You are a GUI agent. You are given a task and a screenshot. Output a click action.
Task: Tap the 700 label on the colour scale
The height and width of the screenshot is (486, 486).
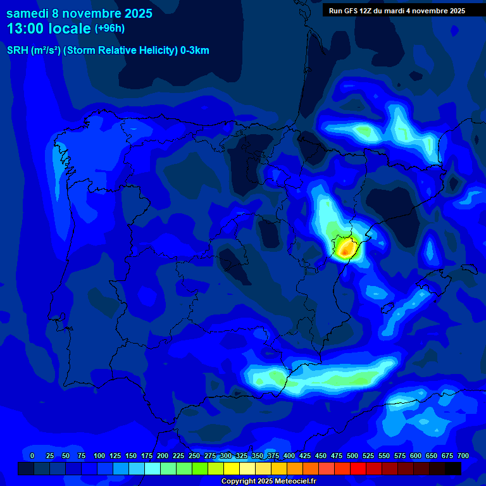463,456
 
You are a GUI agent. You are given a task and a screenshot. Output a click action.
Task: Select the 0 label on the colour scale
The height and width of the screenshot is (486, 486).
32,456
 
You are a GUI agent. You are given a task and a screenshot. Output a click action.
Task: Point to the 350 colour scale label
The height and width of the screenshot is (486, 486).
258,456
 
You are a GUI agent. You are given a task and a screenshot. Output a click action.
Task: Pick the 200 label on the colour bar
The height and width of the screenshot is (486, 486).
163,456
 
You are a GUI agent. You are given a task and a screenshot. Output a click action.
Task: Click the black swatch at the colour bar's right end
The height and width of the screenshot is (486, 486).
452,468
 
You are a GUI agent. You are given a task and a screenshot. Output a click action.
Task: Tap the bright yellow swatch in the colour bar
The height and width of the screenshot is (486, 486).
231,468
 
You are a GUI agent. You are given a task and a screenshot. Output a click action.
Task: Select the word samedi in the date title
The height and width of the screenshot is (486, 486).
28,13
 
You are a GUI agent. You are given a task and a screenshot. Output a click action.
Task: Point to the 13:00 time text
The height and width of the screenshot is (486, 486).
25,28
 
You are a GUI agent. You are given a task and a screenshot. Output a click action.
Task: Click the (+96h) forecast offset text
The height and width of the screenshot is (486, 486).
109,28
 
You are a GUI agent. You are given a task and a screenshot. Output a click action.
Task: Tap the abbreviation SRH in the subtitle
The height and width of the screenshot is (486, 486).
17,51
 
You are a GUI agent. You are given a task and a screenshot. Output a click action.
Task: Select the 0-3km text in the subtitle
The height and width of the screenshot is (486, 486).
194,51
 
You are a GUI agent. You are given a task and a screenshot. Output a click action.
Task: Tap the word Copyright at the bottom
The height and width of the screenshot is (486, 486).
239,481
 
